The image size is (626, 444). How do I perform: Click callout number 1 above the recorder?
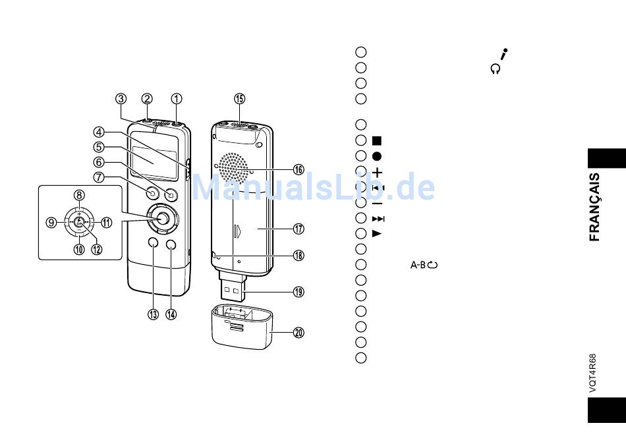(x=177, y=99)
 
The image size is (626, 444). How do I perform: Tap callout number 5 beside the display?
(x=99, y=147)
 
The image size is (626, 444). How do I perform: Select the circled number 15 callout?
(x=240, y=99)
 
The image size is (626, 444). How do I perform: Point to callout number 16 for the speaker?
(x=299, y=170)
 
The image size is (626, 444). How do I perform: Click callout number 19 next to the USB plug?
(x=299, y=292)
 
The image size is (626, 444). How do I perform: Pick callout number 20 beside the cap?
(x=299, y=333)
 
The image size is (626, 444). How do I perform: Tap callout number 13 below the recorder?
(x=154, y=315)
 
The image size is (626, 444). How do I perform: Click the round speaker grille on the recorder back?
(x=233, y=167)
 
